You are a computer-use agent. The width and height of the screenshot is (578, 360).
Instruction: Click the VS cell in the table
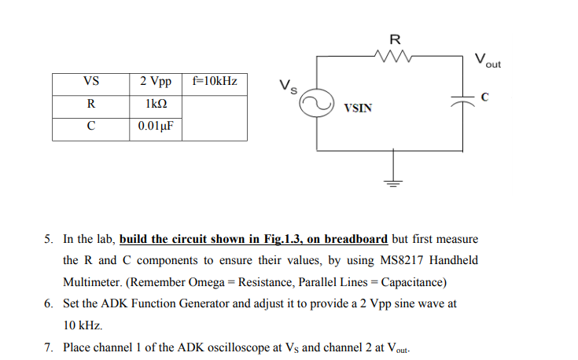(x=90, y=83)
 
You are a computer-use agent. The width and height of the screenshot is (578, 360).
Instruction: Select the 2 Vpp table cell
(x=156, y=83)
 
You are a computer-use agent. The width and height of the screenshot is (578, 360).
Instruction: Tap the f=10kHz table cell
(x=214, y=83)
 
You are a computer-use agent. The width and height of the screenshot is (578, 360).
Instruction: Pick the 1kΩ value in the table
(x=156, y=105)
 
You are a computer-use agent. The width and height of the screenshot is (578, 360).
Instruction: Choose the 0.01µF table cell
(x=156, y=127)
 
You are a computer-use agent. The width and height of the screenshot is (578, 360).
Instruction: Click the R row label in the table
(x=90, y=105)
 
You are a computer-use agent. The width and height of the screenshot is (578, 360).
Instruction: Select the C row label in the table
(x=90, y=127)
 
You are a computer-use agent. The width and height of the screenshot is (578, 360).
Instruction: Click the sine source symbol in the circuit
(x=318, y=103)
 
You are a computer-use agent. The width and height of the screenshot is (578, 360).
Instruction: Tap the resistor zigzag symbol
(x=395, y=55)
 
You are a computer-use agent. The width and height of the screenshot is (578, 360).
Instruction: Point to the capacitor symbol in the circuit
(x=463, y=98)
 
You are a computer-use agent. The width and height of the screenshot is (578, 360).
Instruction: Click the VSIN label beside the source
(x=357, y=108)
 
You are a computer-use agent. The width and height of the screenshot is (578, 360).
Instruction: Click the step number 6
(x=48, y=303)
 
